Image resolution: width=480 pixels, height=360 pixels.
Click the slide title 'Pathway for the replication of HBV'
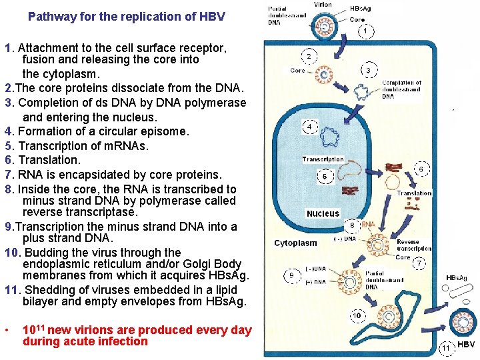[127, 16]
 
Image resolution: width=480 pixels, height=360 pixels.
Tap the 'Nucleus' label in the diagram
[323, 213]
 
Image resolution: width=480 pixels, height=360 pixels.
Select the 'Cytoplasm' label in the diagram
[295, 243]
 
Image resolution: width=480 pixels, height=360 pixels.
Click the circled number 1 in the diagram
[364, 31]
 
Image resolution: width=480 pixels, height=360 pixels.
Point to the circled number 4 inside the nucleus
[311, 126]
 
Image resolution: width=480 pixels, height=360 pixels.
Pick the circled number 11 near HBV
[447, 347]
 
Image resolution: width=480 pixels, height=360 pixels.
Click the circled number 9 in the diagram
[291, 275]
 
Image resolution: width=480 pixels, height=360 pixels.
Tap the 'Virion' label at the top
[322, 5]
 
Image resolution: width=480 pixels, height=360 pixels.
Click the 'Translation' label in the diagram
[414, 193]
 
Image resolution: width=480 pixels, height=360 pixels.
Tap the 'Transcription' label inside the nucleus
[323, 159]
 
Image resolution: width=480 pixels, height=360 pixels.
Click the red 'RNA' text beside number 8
[367, 225]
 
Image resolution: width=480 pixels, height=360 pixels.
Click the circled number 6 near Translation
[421, 169]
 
